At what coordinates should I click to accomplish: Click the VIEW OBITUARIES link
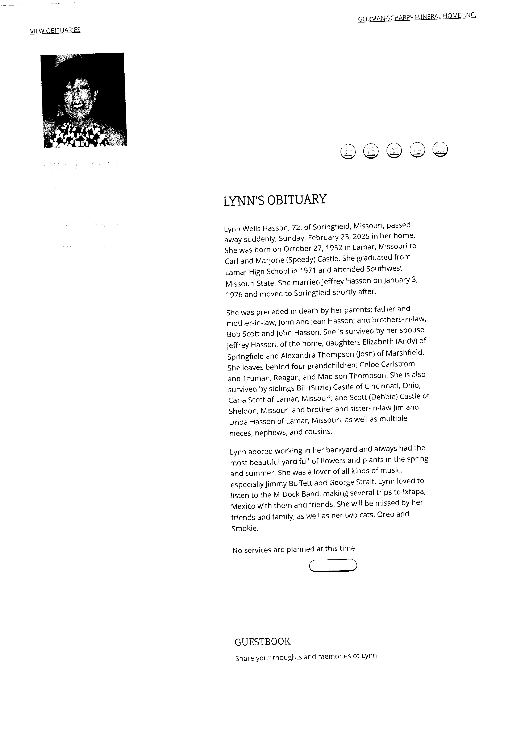coord(55,30)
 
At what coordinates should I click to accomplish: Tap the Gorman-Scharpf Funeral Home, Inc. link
coord(417,17)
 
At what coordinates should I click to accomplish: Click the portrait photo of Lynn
coord(83,100)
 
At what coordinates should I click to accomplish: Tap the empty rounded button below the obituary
coord(333,565)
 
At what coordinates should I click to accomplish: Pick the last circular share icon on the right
coord(440,149)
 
